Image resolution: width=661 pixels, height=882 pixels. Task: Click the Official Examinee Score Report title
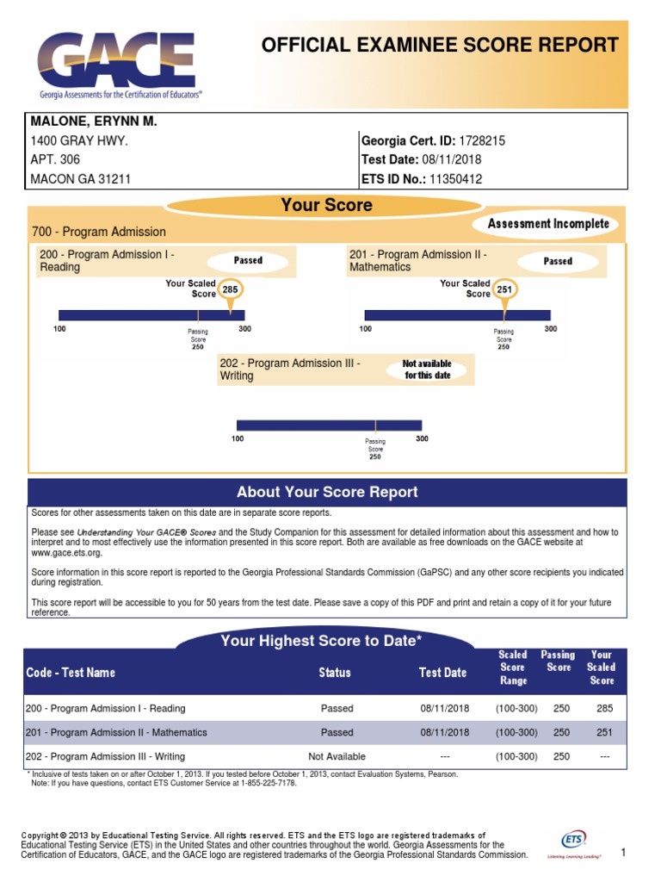(x=440, y=46)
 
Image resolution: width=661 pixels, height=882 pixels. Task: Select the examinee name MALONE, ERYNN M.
(x=94, y=121)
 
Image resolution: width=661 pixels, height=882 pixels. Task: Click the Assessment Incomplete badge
(x=547, y=224)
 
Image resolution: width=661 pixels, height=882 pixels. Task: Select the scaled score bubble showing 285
(x=230, y=290)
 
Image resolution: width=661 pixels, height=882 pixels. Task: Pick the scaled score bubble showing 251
(x=504, y=290)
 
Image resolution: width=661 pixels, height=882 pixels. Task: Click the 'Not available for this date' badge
(x=428, y=370)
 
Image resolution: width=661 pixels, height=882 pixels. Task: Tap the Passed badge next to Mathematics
(x=558, y=260)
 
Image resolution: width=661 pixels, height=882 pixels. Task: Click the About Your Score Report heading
(x=327, y=492)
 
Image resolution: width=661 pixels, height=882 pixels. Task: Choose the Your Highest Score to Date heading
(x=321, y=640)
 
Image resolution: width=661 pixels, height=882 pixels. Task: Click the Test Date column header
(x=442, y=672)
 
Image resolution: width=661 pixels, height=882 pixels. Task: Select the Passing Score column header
(x=558, y=661)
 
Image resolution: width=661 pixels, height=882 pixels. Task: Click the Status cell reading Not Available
(x=337, y=756)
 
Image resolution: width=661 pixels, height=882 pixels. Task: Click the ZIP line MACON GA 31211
(x=81, y=179)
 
